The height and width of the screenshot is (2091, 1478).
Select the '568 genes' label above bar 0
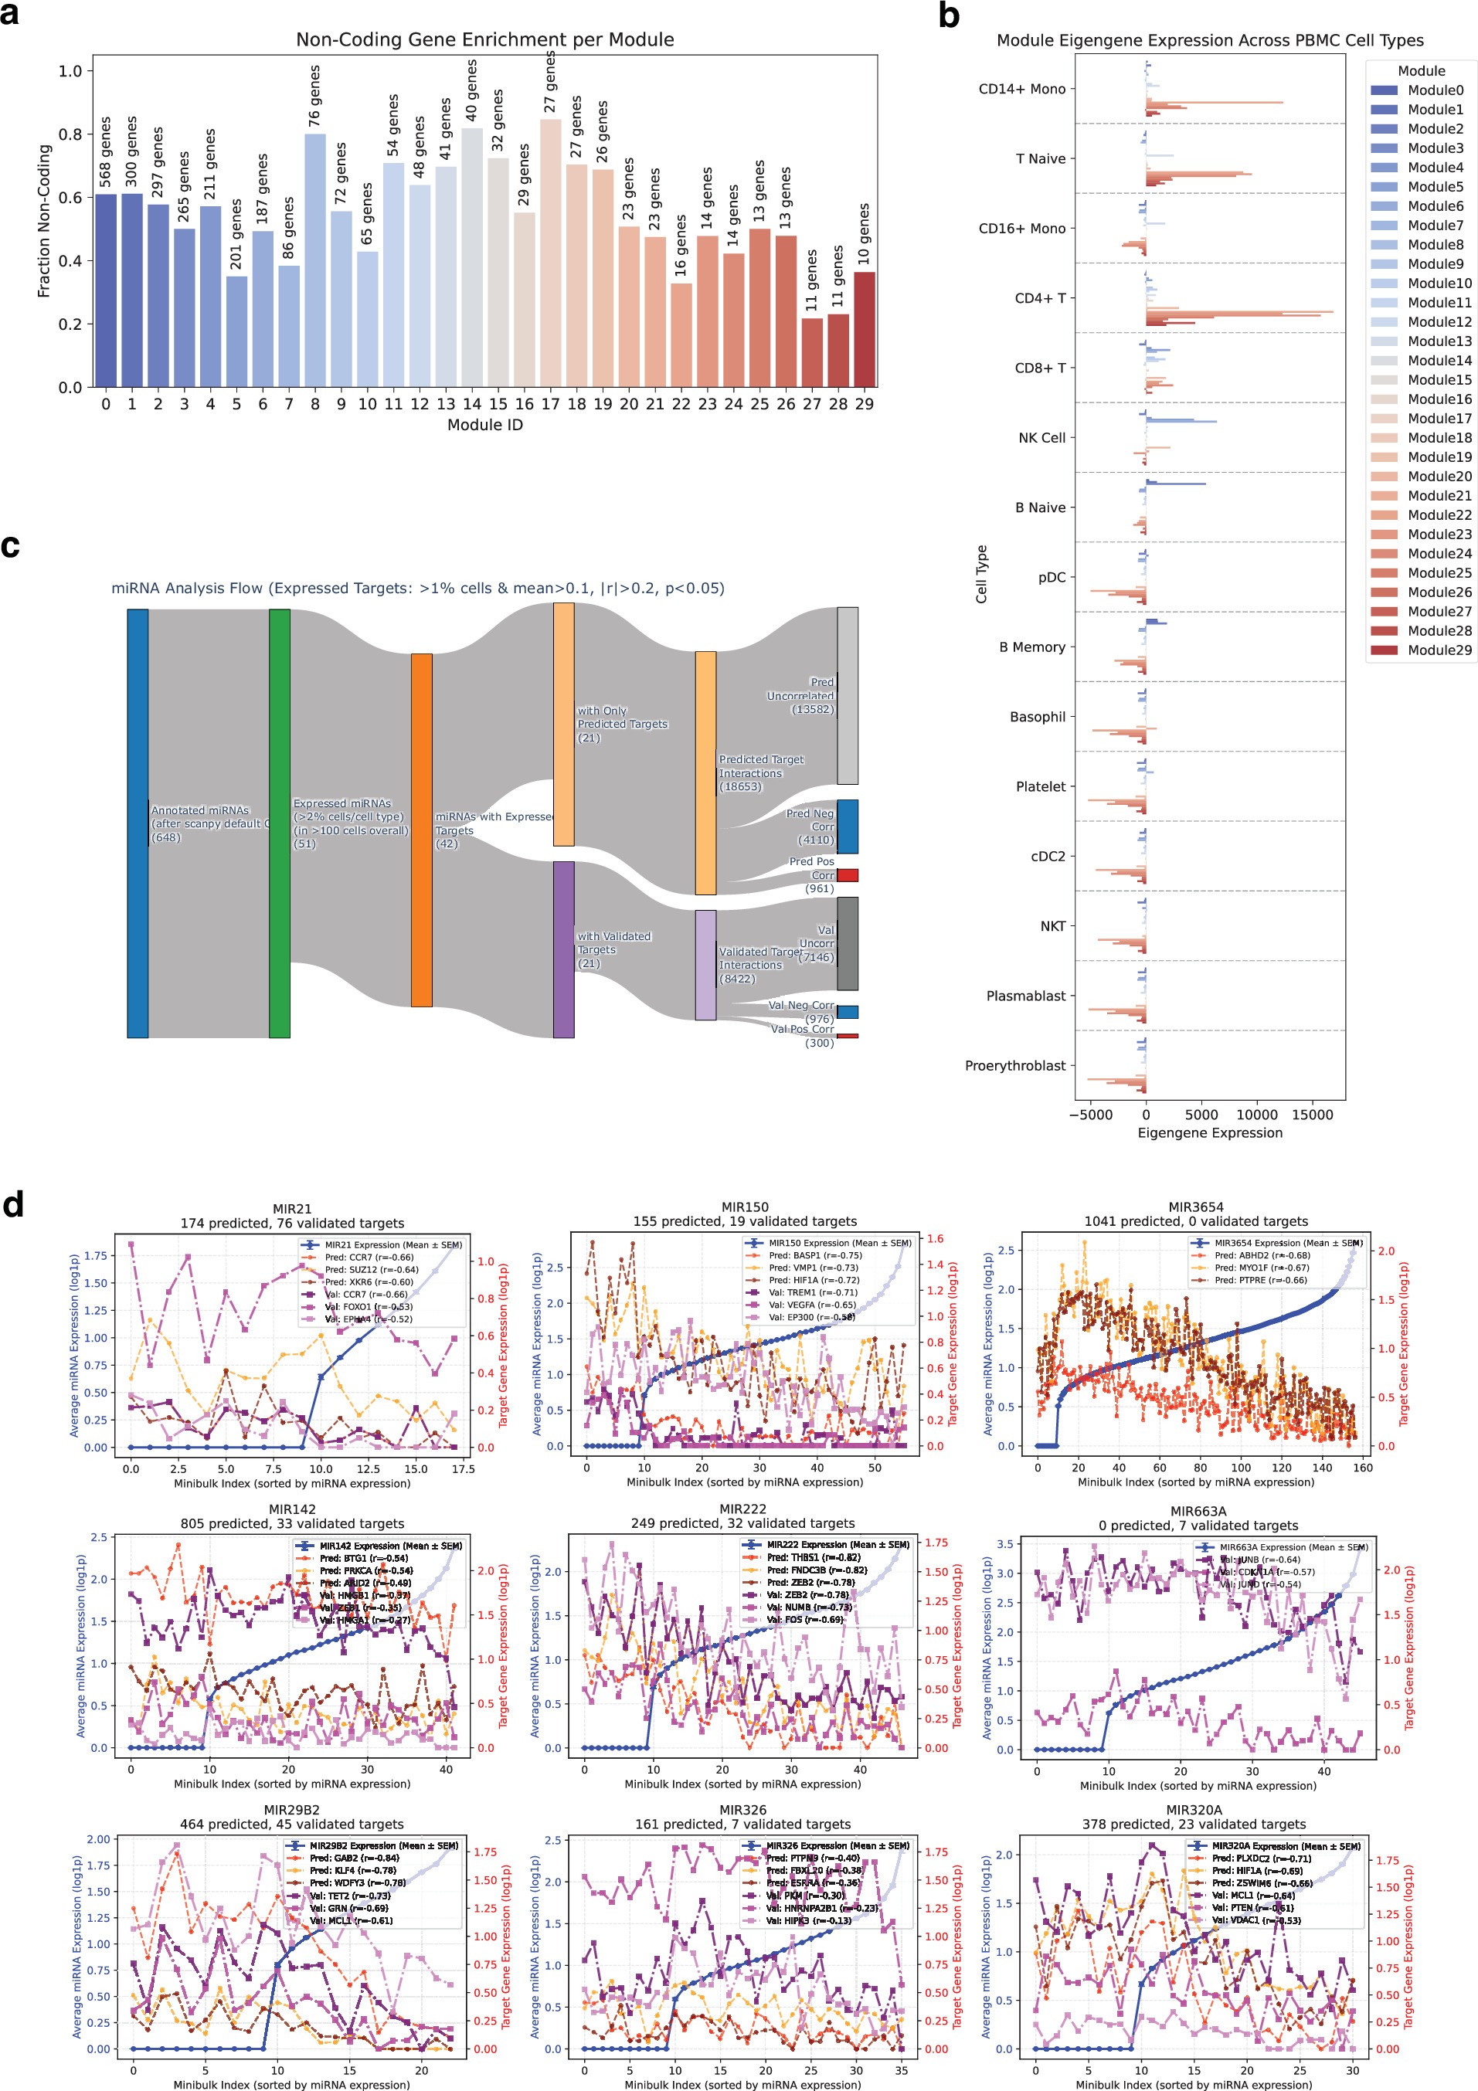tap(106, 151)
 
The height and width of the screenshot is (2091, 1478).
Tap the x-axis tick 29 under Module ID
tap(865, 404)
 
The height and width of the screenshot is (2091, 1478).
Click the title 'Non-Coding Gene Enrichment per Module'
tap(484, 40)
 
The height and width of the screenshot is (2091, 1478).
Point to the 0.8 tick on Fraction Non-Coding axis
tap(70, 134)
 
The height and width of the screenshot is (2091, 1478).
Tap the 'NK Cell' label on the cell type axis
tap(1041, 438)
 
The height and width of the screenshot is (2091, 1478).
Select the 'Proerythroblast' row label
tap(1014, 1065)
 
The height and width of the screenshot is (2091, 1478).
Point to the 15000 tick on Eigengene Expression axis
tap(1311, 1115)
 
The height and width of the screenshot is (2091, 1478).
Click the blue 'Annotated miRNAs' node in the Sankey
tap(138, 823)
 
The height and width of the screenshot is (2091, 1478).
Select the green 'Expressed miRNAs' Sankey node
tap(280, 823)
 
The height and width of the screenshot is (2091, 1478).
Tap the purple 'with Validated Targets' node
tap(564, 949)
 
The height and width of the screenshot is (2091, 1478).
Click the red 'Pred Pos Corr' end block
tap(847, 875)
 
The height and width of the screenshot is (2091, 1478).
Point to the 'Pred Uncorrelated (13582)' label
tap(801, 696)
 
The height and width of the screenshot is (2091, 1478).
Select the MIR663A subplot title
tap(1198, 1511)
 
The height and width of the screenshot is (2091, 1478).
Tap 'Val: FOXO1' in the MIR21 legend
tap(368, 1306)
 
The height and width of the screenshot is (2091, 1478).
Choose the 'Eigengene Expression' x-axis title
tap(1209, 1133)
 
